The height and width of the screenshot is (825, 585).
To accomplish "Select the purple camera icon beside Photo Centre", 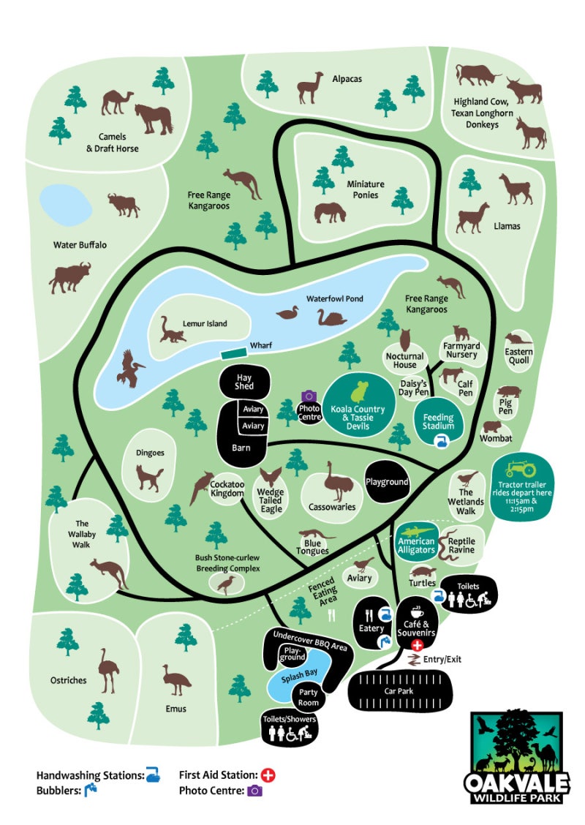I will pos(309,396).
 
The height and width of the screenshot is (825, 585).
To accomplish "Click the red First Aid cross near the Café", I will pos(418,645).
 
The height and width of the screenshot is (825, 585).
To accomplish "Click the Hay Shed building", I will pos(244,382).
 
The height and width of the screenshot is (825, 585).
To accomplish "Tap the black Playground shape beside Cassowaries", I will pos(388,483).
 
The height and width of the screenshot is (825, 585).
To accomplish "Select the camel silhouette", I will pos(117,102).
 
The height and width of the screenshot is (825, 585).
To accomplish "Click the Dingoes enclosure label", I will pos(150,453).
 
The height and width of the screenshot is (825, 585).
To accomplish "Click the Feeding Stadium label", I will pos(439,421).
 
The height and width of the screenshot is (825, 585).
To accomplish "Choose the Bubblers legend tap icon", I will pos(91,790).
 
